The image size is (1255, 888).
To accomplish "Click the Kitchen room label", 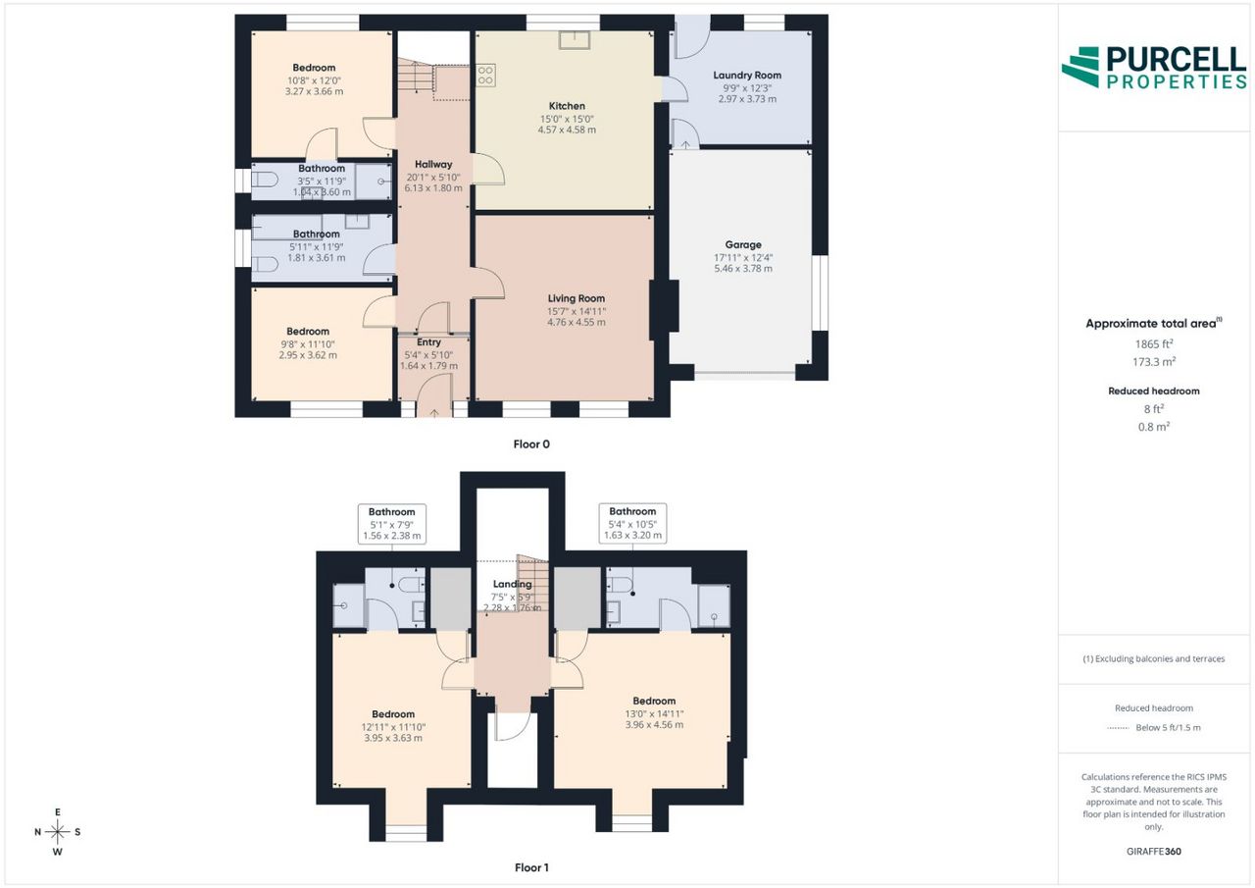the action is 567,106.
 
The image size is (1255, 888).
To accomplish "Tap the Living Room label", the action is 576,299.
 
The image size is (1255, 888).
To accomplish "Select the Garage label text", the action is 743,245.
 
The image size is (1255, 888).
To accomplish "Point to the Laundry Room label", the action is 747,76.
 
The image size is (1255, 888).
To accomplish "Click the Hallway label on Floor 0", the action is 433,164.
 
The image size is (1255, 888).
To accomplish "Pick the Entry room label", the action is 428,342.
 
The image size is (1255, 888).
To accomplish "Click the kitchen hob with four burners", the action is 485,76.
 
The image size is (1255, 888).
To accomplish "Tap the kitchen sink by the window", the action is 575,40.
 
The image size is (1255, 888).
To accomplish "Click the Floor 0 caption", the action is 531,444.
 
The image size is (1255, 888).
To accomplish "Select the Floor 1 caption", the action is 531,867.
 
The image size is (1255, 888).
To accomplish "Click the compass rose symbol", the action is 58,832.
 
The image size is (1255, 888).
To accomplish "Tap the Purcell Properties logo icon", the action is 1080,68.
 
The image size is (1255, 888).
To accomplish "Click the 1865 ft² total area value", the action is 1154,344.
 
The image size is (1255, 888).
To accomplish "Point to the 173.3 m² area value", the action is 1154,362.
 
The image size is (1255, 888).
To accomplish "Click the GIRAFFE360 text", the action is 1154,851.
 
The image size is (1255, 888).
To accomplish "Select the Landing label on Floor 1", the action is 512,584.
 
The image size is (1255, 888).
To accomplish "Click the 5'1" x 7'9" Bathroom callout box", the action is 391,524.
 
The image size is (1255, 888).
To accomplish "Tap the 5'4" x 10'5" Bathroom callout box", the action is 632,523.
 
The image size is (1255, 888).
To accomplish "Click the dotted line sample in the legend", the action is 1118,728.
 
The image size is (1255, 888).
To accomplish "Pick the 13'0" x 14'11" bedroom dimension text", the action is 654,713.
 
